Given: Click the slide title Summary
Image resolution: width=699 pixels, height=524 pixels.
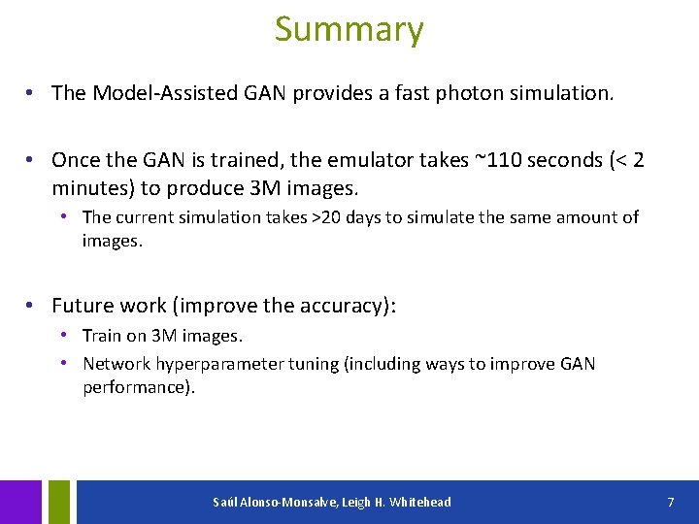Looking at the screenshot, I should (x=349, y=29).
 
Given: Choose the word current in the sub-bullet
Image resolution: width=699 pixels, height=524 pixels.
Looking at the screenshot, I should (x=144, y=217).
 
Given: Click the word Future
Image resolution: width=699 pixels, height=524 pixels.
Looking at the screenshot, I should (x=83, y=306).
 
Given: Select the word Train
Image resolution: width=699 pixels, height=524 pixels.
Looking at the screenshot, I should (x=102, y=337).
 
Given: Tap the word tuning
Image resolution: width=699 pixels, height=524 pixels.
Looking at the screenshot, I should (x=314, y=365).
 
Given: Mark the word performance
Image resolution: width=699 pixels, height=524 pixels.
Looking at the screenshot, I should (x=136, y=387).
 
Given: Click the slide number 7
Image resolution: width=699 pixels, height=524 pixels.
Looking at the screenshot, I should (x=670, y=502).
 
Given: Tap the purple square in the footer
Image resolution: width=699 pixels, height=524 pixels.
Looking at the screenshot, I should (x=20, y=502).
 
